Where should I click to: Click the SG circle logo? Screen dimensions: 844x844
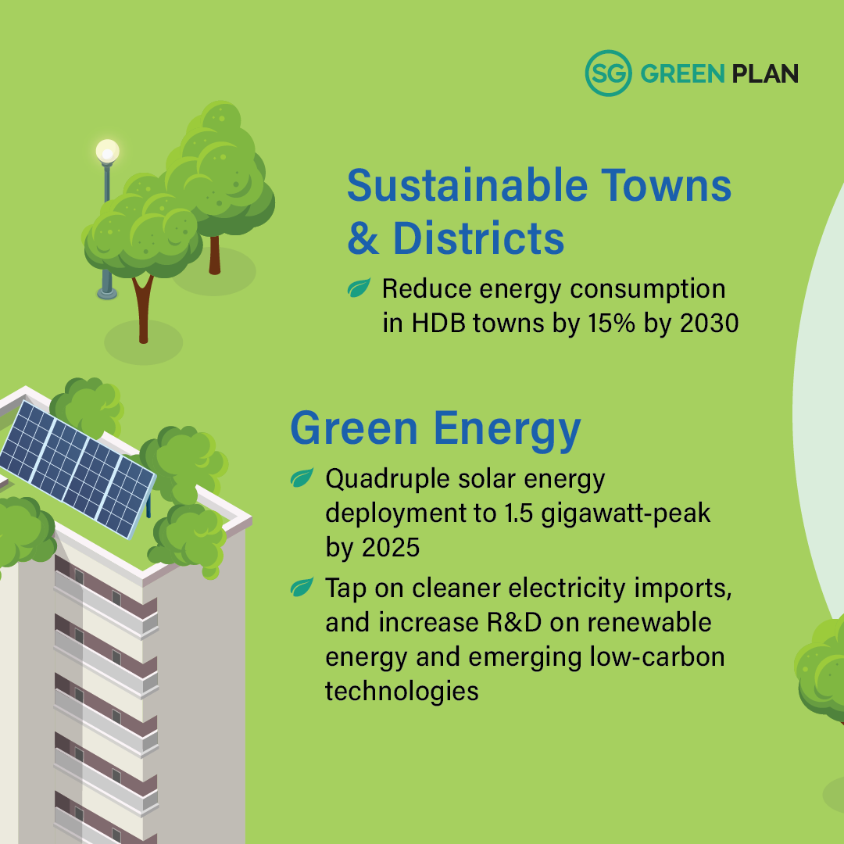click(608, 73)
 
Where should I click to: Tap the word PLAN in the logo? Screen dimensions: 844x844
click(765, 73)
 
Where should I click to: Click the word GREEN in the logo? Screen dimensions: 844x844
click(682, 73)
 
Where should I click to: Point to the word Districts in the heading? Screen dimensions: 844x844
click(478, 238)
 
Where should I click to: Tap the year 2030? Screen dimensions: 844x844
click(709, 323)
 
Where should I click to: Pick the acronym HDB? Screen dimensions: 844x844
click(438, 323)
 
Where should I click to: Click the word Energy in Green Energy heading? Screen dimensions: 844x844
click(507, 429)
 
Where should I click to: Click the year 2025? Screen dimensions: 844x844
click(391, 548)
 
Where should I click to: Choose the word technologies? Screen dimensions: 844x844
click(402, 691)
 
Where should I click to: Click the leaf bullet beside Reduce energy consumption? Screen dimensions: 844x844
click(359, 288)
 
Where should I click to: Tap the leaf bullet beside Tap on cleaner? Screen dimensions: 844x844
click(302, 587)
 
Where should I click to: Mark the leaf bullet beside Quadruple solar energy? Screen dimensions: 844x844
click(302, 477)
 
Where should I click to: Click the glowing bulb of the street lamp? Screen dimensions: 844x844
click(107, 152)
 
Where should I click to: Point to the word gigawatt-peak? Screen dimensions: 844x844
click(625, 513)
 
